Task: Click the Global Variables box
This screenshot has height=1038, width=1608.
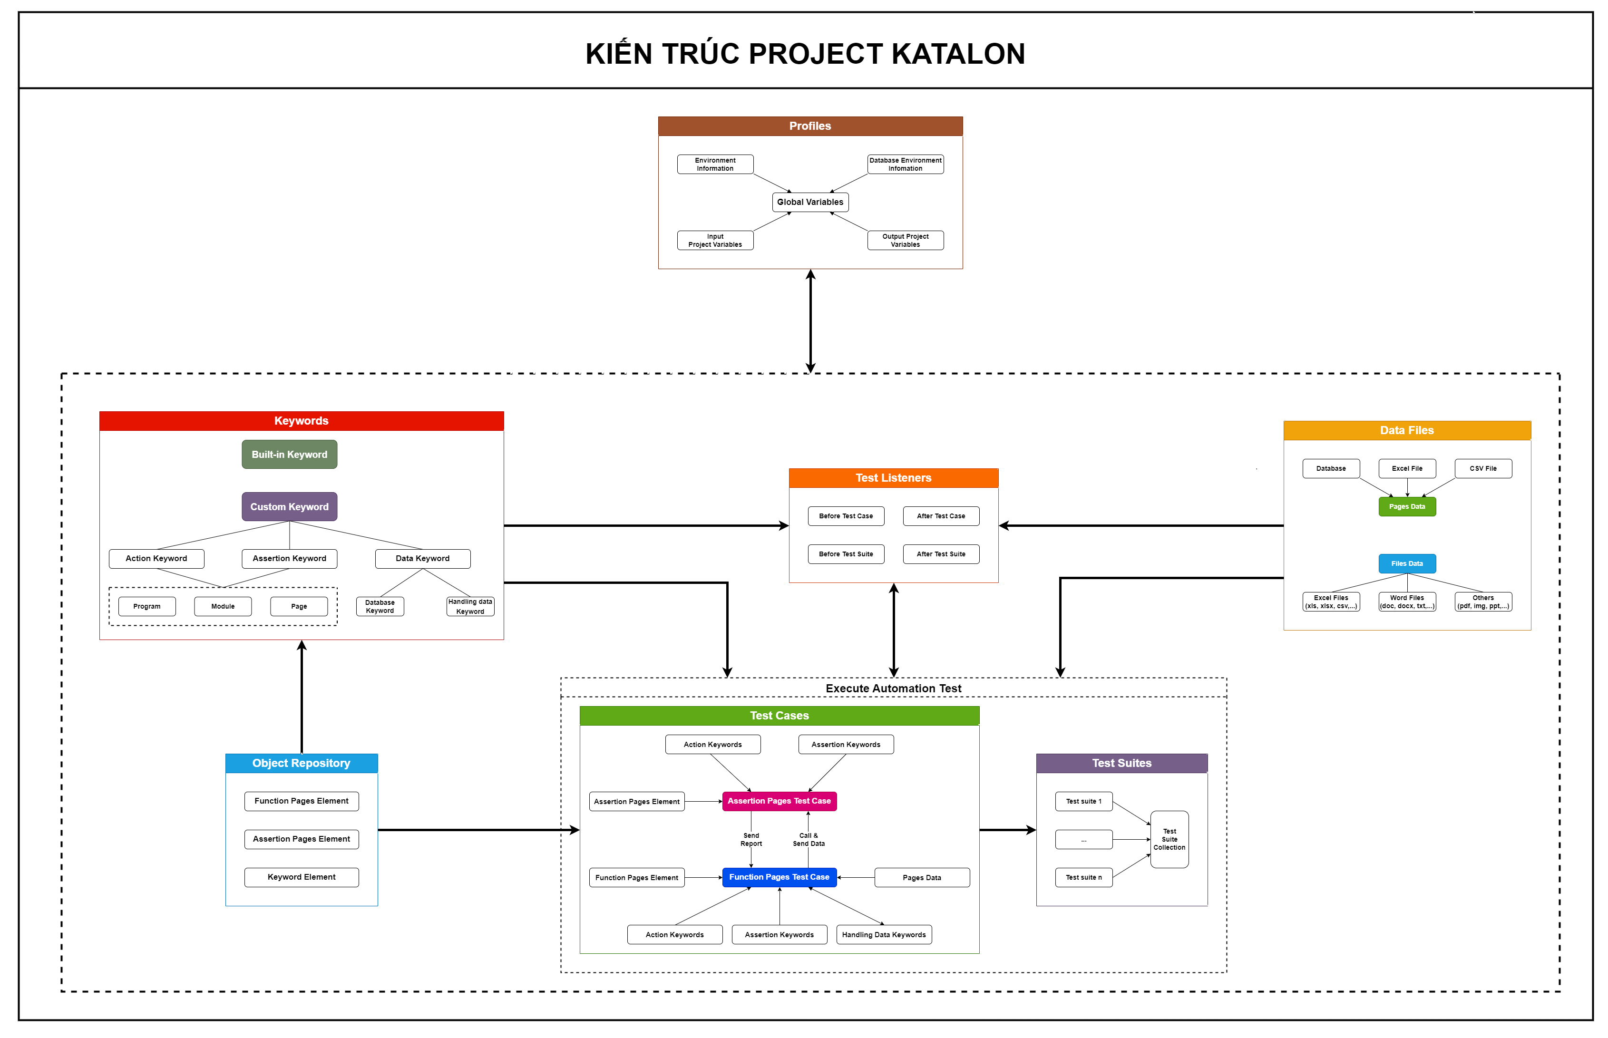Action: [810, 202]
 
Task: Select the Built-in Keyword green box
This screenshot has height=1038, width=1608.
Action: [289, 454]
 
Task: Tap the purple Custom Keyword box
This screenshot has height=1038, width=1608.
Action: [289, 507]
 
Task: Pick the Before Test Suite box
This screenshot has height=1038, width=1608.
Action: [846, 554]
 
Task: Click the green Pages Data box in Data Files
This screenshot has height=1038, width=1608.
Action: [1406, 507]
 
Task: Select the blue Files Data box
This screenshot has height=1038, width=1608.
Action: [1406, 563]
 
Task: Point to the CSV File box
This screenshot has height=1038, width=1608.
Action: [1482, 468]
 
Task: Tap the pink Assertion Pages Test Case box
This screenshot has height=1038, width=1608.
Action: [779, 801]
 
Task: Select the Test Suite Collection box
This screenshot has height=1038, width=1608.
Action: [1169, 840]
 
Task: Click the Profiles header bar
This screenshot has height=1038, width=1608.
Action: [810, 126]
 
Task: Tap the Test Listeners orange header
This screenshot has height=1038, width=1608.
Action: [893, 478]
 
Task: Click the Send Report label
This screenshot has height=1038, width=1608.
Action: [751, 840]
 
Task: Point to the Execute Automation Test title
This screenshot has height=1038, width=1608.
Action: [893, 688]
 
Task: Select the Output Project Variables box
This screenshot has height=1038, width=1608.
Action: [905, 241]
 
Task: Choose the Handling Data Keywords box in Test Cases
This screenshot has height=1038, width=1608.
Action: [883, 935]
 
